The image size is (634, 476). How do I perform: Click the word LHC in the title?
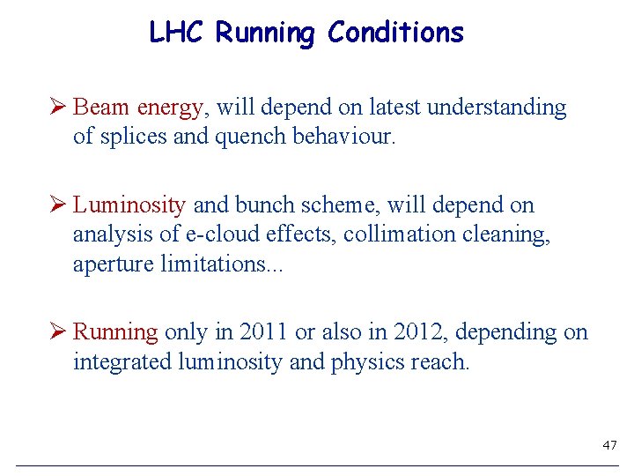(x=179, y=33)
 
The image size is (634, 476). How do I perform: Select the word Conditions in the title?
(x=395, y=33)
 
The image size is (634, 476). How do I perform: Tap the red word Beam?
(x=101, y=108)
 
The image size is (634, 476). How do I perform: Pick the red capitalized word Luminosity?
(x=129, y=205)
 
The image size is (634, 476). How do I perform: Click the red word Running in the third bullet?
(x=115, y=333)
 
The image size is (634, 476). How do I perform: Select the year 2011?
(x=262, y=332)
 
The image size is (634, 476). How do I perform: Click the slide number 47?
(x=609, y=446)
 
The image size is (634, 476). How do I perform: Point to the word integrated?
(x=119, y=362)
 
